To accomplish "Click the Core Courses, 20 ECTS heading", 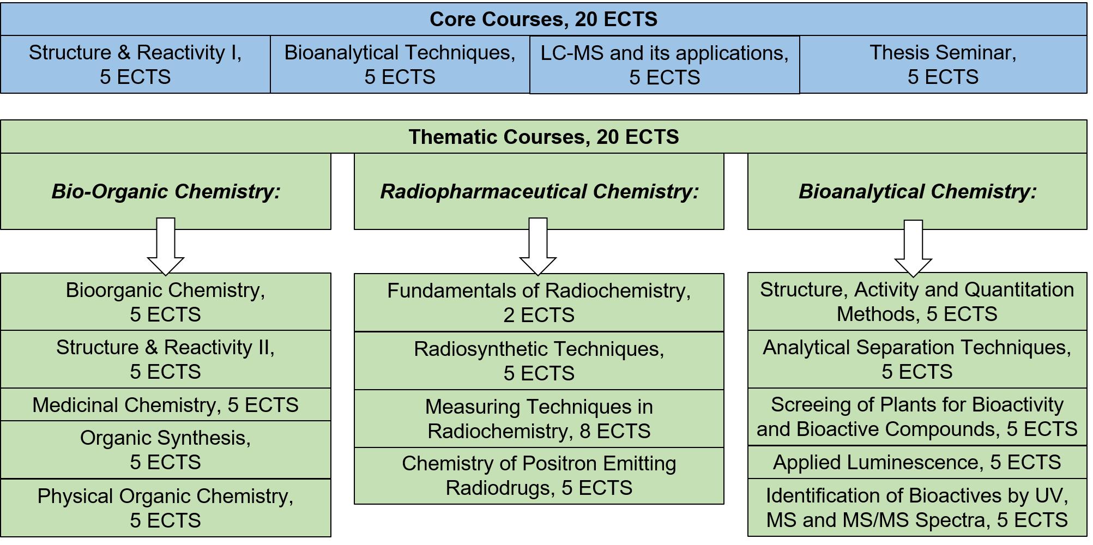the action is click(x=544, y=19).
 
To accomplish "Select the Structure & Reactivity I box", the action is click(x=135, y=64).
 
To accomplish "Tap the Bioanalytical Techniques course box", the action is click(x=400, y=64).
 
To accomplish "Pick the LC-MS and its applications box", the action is click(x=665, y=65).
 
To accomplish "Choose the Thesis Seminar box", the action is click(x=943, y=64).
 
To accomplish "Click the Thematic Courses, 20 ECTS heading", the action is click(x=544, y=137).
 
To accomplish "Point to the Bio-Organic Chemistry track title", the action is click(x=166, y=191).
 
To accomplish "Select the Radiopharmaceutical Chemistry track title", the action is click(x=539, y=191).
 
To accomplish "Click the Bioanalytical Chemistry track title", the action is click(x=917, y=191).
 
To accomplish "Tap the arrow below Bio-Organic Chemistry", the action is click(x=166, y=246).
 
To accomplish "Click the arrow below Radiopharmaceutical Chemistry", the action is click(x=538, y=246).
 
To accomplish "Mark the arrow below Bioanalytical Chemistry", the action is click(x=914, y=249).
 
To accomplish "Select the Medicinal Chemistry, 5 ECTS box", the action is click(x=166, y=404).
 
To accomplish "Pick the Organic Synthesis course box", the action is click(x=166, y=450).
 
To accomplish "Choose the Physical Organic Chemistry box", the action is click(x=166, y=508).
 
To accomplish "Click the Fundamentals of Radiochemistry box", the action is click(x=539, y=302).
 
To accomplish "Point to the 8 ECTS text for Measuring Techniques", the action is click(x=615, y=431).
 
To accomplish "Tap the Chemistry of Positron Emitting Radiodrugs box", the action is click(x=539, y=476).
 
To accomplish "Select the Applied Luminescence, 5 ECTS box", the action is click(x=917, y=462).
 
